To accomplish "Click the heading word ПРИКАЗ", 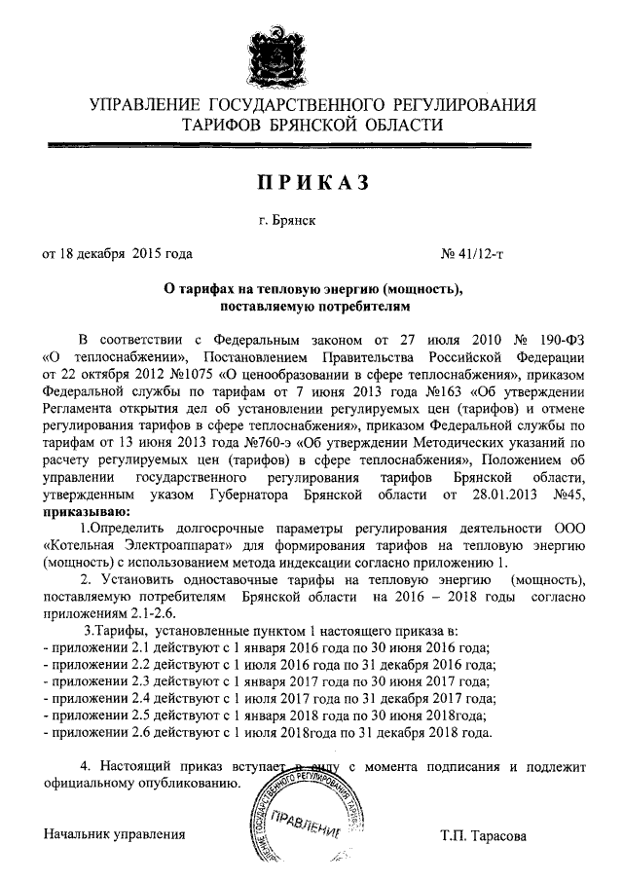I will tap(312, 182).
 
